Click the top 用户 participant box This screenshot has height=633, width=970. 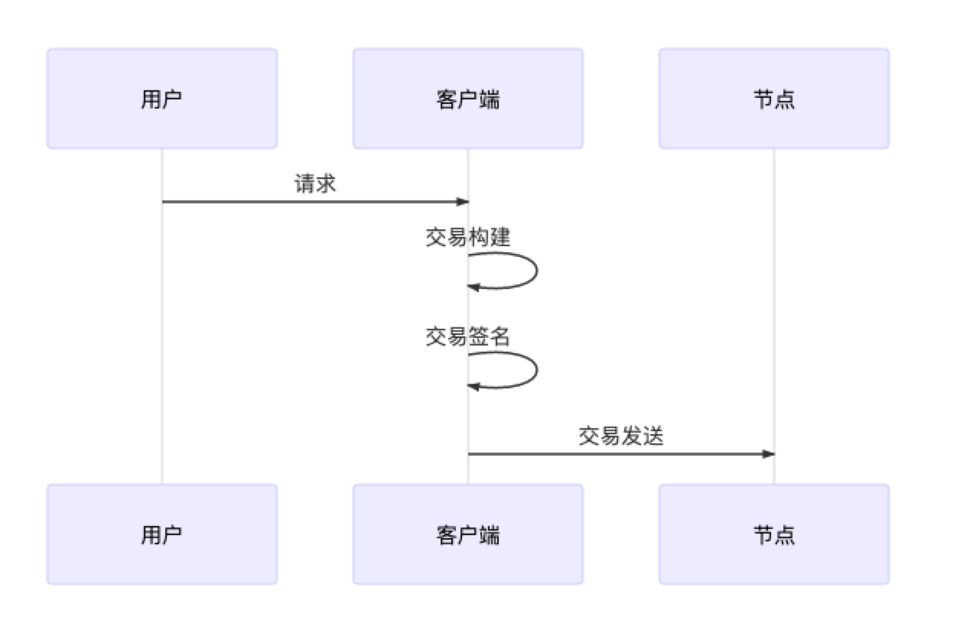[162, 99]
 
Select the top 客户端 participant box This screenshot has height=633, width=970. [468, 99]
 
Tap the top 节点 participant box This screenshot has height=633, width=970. [774, 99]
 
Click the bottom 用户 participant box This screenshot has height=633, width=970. [162, 534]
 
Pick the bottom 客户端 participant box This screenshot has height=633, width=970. [468, 534]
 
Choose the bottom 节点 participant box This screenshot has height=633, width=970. [774, 534]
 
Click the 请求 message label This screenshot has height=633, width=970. [315, 183]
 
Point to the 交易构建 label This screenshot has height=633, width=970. [468, 237]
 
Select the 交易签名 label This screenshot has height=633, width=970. [468, 336]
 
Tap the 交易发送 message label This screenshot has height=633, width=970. [621, 436]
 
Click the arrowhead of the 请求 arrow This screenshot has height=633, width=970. [463, 202]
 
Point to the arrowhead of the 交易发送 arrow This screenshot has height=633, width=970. [769, 454]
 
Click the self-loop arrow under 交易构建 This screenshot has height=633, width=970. [537, 271]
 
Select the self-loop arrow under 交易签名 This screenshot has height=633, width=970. [537, 370]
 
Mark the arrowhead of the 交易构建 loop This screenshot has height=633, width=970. [474, 287]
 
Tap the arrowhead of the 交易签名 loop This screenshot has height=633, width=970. [474, 386]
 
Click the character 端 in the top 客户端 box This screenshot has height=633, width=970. [490, 99]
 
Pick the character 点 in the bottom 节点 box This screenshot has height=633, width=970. [785, 535]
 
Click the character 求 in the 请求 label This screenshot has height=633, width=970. [326, 183]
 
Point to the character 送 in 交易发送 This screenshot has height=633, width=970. [653, 436]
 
